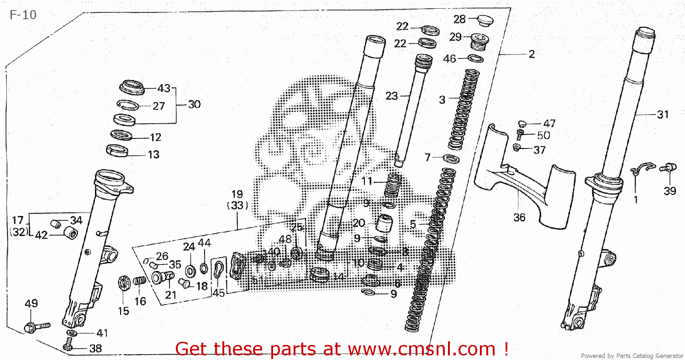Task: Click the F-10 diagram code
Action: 23,15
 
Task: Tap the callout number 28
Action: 459,19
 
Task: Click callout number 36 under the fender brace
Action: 519,217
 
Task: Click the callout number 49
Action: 31,303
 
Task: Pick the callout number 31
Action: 662,115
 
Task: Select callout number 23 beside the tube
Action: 392,96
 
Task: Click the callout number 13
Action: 153,154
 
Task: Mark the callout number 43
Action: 163,88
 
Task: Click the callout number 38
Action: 95,349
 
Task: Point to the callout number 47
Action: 549,123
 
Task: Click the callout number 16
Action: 140,301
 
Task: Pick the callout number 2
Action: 531,54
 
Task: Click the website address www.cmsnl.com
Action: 422,349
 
